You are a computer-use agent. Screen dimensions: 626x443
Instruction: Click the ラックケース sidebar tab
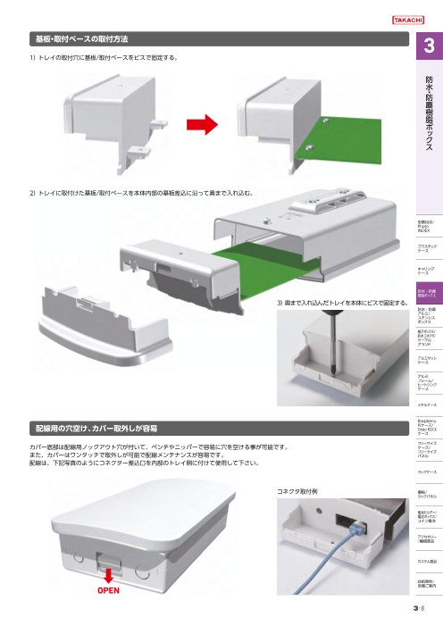click(x=428, y=471)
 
